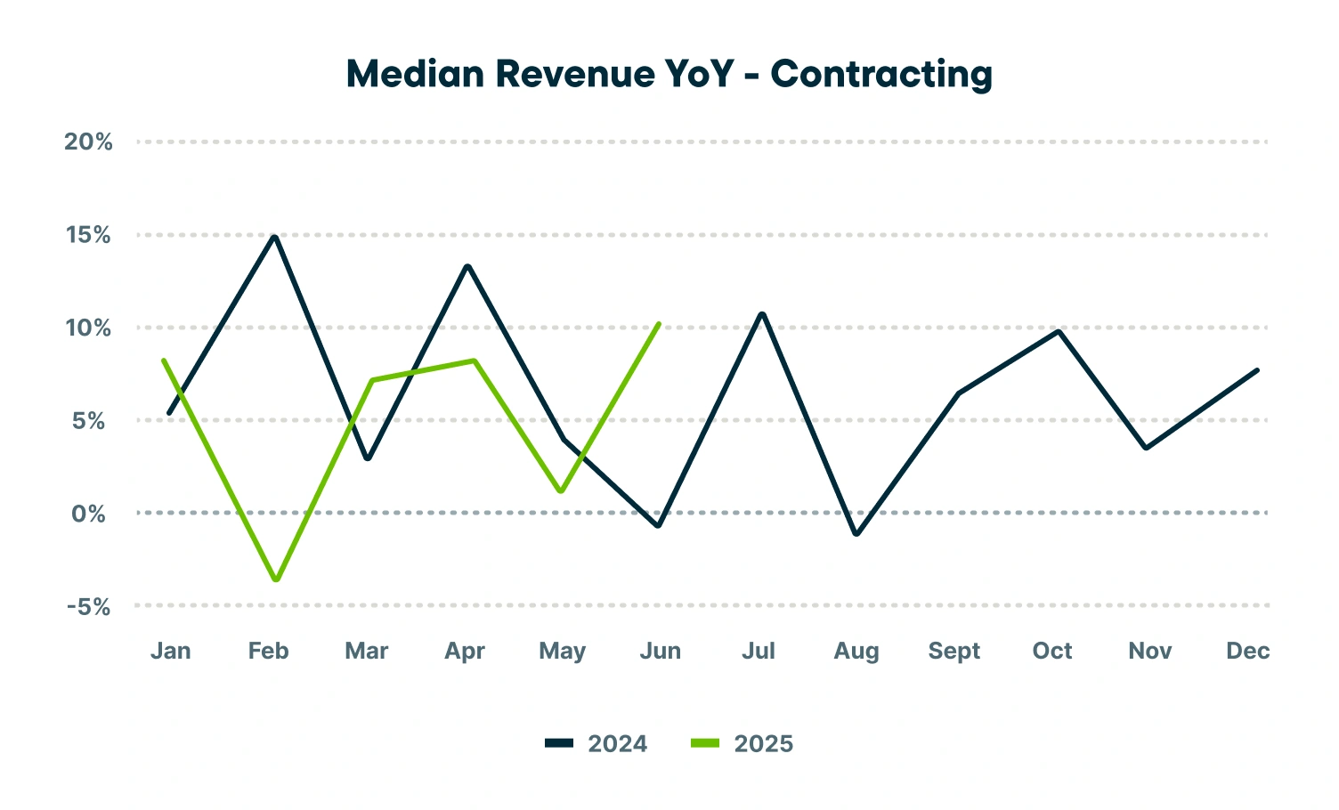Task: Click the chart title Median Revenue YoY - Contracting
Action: pyautogui.click(x=669, y=74)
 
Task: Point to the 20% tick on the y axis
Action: pyautogui.click(x=88, y=142)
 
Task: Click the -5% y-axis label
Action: pyautogui.click(x=88, y=607)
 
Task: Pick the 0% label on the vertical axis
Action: pyautogui.click(x=88, y=514)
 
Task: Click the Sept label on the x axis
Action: pyautogui.click(x=954, y=651)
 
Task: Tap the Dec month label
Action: pyautogui.click(x=1247, y=651)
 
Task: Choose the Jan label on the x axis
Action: pyautogui.click(x=170, y=651)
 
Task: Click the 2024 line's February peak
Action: pyautogui.click(x=276, y=237)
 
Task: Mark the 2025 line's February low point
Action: pyautogui.click(x=277, y=579)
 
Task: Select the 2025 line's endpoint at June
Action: pyautogui.click(x=659, y=324)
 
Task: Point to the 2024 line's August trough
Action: pyautogui.click(x=856, y=534)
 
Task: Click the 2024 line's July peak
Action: pyautogui.click(x=762, y=313)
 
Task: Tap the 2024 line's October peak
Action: pyautogui.click(x=1058, y=331)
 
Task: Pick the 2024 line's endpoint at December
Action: pyautogui.click(x=1257, y=369)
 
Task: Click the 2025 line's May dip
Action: pyautogui.click(x=560, y=490)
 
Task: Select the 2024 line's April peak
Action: pyautogui.click(x=467, y=266)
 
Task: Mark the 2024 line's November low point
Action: pyautogui.click(x=1146, y=448)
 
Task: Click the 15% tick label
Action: pyautogui.click(x=88, y=235)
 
